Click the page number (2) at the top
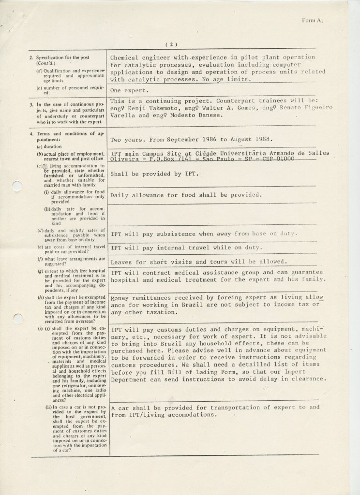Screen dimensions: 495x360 click(x=172, y=44)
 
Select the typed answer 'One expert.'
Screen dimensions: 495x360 click(x=127, y=90)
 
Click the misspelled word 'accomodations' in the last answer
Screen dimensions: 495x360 click(x=186, y=415)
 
